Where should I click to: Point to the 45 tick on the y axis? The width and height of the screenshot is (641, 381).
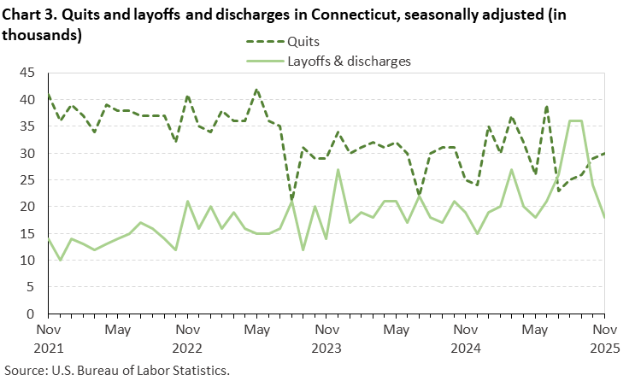tap(26, 73)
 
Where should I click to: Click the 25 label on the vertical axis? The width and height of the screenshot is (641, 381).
tap(26, 180)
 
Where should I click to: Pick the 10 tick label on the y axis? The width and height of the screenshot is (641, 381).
tap(26, 261)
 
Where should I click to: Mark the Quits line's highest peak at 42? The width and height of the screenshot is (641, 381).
tap(256, 90)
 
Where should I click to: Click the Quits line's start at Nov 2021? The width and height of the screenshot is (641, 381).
tap(48, 95)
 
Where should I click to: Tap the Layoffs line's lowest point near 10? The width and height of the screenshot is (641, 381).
tap(60, 261)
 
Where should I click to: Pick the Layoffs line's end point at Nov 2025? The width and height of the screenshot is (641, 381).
tap(605, 218)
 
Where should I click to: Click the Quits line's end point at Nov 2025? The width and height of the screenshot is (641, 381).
tap(605, 154)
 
